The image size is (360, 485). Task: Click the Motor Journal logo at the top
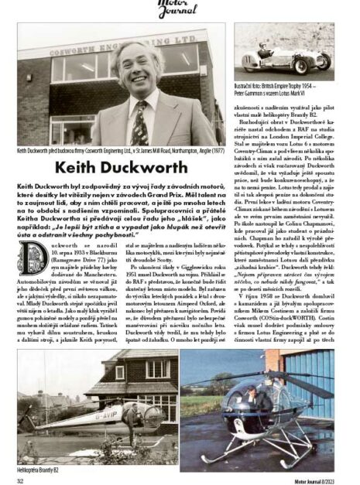[x=179, y=9]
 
